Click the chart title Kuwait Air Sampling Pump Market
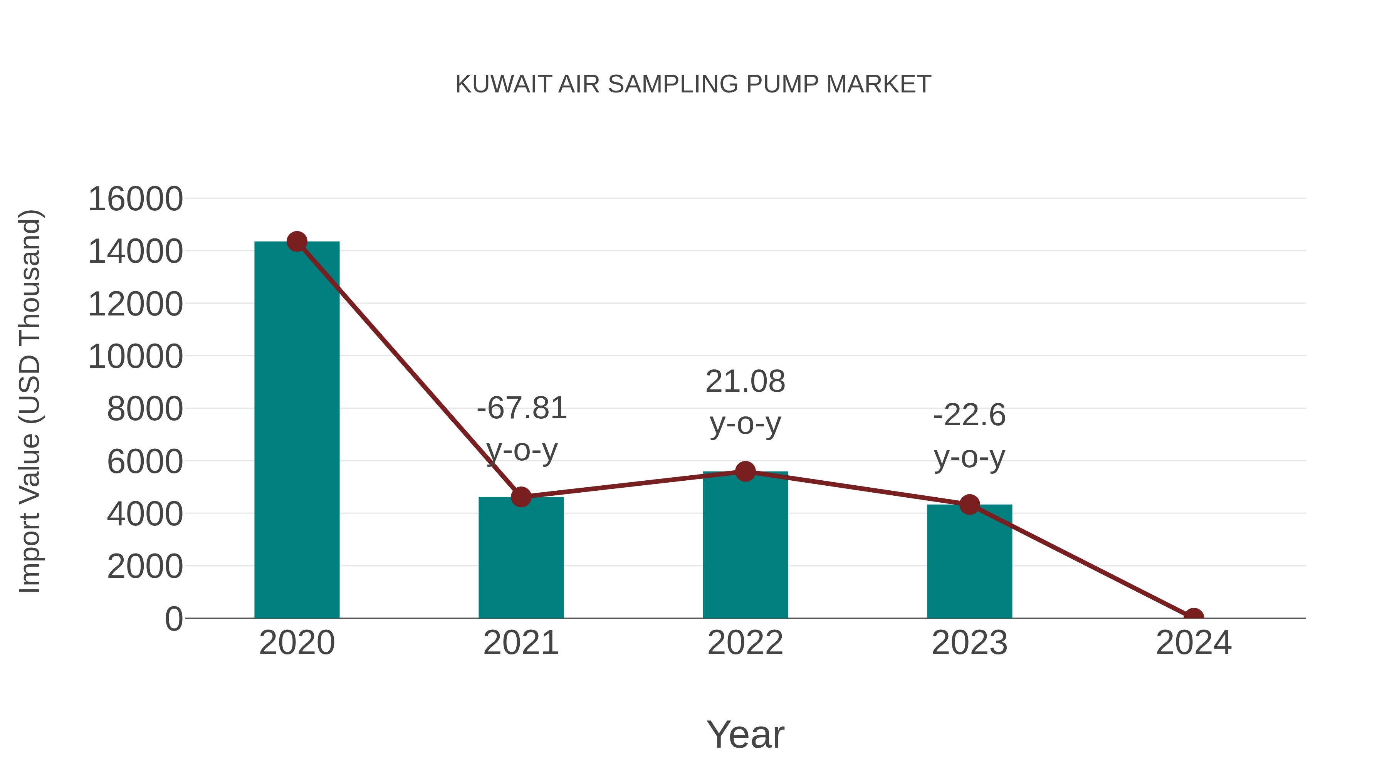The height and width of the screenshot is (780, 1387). pos(693,84)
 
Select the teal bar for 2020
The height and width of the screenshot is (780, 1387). pos(297,431)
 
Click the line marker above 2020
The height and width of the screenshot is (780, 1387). pos(297,242)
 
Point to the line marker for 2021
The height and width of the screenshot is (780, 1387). pos(521,497)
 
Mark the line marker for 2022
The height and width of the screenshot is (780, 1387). pos(745,471)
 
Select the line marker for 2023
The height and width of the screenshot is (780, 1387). pos(969,505)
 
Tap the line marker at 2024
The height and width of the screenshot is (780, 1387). pos(1194,617)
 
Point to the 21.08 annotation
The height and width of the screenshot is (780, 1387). pos(745,382)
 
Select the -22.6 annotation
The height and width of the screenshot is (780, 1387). pos(969,416)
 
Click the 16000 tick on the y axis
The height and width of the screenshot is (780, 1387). pos(135,199)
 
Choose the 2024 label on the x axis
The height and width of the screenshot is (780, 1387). pos(1194,643)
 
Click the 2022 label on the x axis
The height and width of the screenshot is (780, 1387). pos(745,643)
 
